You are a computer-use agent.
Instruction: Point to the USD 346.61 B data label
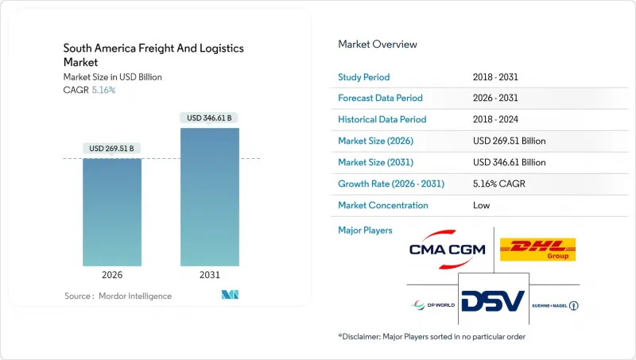point(210,118)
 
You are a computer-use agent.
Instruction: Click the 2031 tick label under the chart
point(210,275)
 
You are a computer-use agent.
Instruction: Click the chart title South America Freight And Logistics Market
point(153,56)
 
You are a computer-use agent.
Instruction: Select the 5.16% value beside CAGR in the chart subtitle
point(103,90)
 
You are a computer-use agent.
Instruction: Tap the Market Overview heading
point(378,45)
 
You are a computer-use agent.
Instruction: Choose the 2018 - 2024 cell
point(498,119)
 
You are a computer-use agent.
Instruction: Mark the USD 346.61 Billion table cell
point(509,162)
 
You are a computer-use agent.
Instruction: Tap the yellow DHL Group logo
point(537,250)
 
